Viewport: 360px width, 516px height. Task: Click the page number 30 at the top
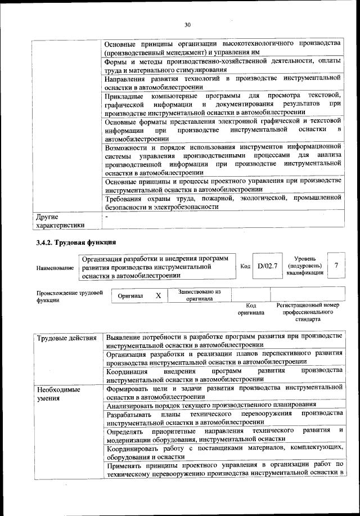(187, 24)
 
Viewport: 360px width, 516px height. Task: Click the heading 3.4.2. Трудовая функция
(76, 243)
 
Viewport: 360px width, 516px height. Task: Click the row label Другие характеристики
(60, 221)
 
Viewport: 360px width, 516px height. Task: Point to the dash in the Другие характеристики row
(106, 216)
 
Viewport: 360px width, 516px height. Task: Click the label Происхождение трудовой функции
(68, 297)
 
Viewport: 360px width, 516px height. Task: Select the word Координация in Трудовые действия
(127, 371)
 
